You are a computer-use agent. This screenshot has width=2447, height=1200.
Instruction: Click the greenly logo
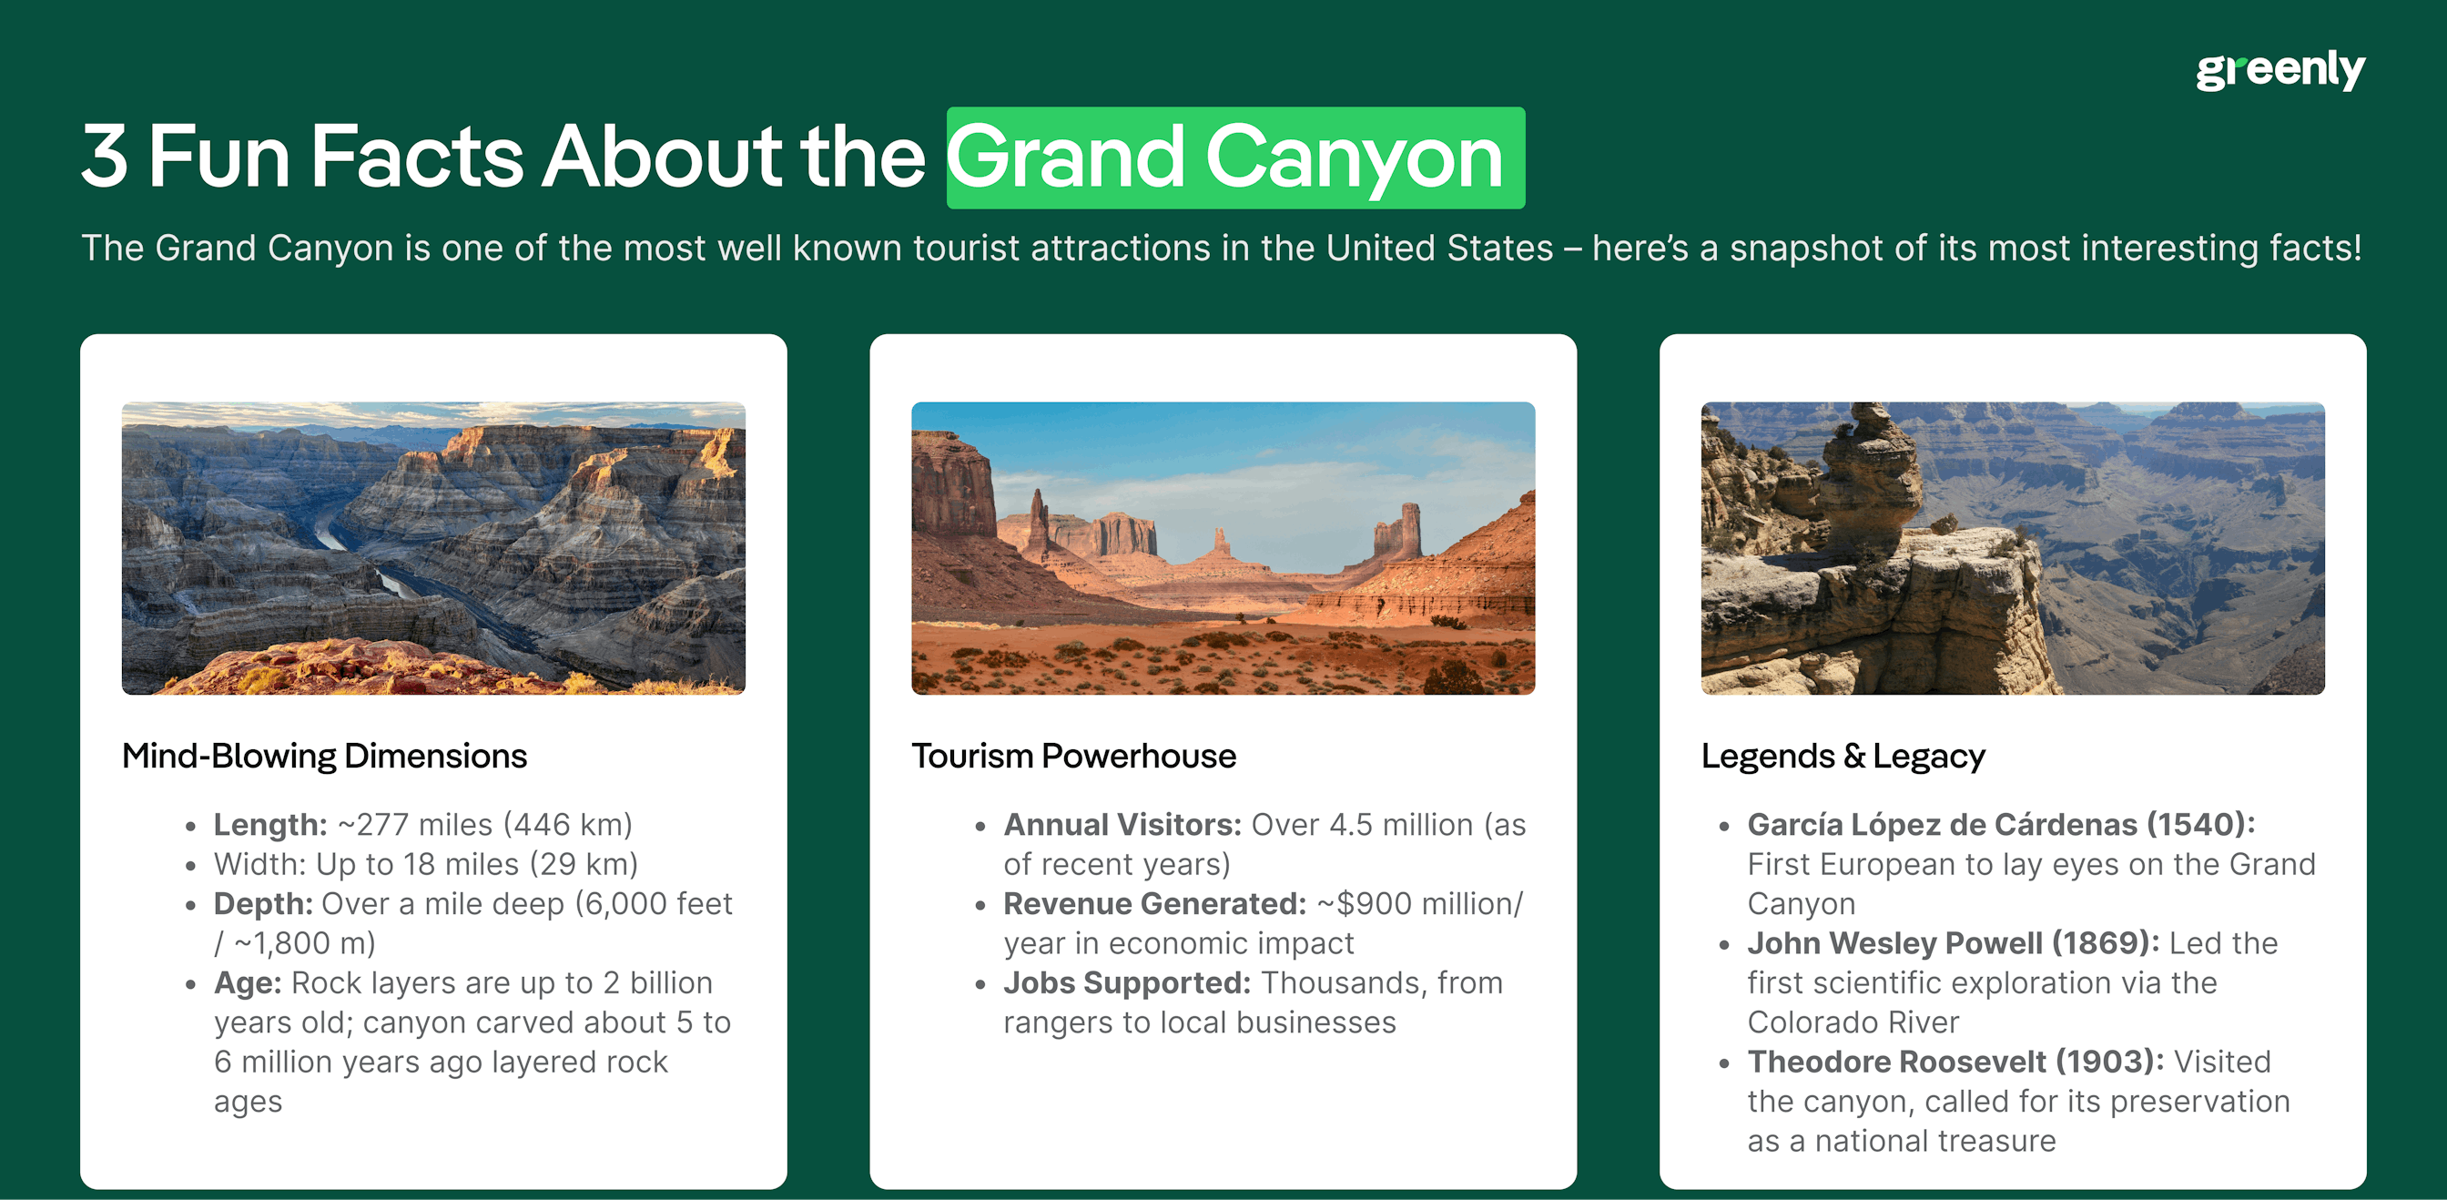coord(2279,70)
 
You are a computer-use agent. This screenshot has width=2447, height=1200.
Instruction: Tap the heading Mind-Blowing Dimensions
coord(324,757)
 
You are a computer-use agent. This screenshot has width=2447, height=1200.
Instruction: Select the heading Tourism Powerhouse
coord(1073,757)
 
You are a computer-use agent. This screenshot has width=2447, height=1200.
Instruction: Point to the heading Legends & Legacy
coord(1842,757)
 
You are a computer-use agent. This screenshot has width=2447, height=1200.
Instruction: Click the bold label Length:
coord(269,825)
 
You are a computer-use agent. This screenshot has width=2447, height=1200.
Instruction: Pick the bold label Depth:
coord(263,903)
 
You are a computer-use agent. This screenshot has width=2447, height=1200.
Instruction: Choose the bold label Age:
coord(247,982)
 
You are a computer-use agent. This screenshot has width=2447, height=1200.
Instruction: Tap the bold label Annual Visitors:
coord(1122,825)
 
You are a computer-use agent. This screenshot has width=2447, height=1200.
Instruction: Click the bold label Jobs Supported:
coord(1127,982)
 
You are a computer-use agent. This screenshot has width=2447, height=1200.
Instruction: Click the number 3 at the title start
coord(105,158)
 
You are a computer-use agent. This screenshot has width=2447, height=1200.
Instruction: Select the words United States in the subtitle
coord(1438,248)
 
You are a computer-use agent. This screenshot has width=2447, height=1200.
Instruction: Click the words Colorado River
coord(1853,1022)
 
